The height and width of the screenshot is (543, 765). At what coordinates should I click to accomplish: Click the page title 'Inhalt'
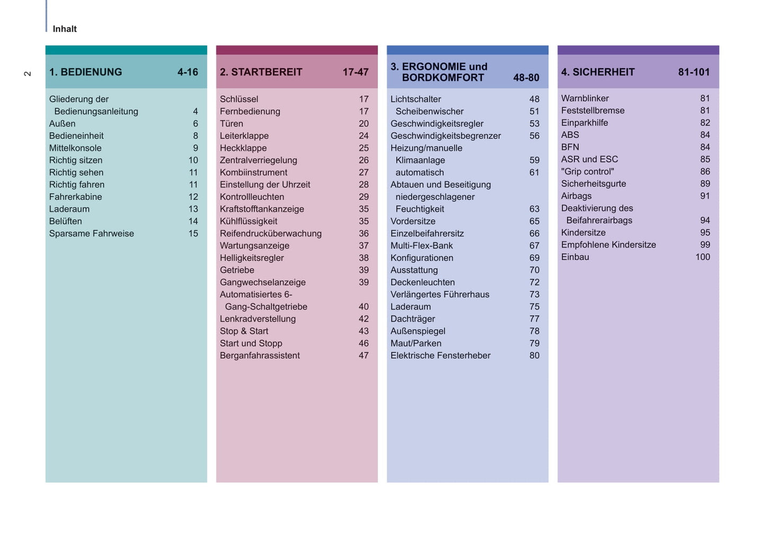(x=65, y=29)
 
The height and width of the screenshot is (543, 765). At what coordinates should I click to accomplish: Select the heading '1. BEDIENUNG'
(x=85, y=72)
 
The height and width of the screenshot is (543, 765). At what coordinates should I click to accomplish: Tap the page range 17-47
(x=355, y=72)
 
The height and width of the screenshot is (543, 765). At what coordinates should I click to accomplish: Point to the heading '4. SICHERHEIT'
(x=598, y=72)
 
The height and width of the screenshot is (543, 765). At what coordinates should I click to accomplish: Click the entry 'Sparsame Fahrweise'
(x=92, y=233)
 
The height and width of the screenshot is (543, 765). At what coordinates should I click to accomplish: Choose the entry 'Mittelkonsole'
(x=75, y=148)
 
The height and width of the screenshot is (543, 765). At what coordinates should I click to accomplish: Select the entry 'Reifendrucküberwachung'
(x=271, y=233)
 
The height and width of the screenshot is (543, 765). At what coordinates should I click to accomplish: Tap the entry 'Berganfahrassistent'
(x=259, y=356)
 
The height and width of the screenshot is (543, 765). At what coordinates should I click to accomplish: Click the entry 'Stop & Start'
(x=244, y=331)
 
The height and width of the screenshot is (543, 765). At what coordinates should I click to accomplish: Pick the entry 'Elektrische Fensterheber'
(x=440, y=356)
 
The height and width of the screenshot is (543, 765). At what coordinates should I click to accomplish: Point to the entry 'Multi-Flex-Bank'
(x=421, y=246)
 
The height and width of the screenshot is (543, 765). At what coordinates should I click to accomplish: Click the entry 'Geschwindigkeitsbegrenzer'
(x=446, y=136)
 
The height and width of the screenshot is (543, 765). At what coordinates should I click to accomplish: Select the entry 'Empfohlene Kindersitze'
(x=608, y=245)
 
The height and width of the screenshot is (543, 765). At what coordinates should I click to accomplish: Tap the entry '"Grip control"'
(x=588, y=171)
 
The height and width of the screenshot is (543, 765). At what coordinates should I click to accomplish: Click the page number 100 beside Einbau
(x=703, y=257)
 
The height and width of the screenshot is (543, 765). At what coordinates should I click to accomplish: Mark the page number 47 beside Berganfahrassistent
(x=364, y=356)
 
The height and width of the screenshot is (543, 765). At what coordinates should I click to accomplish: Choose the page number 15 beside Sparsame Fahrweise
(x=193, y=233)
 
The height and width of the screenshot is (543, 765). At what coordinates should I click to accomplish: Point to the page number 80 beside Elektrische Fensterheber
(x=534, y=356)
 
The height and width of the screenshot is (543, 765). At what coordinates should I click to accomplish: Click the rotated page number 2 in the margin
(x=28, y=74)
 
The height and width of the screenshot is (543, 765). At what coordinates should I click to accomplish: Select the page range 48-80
(x=526, y=78)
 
